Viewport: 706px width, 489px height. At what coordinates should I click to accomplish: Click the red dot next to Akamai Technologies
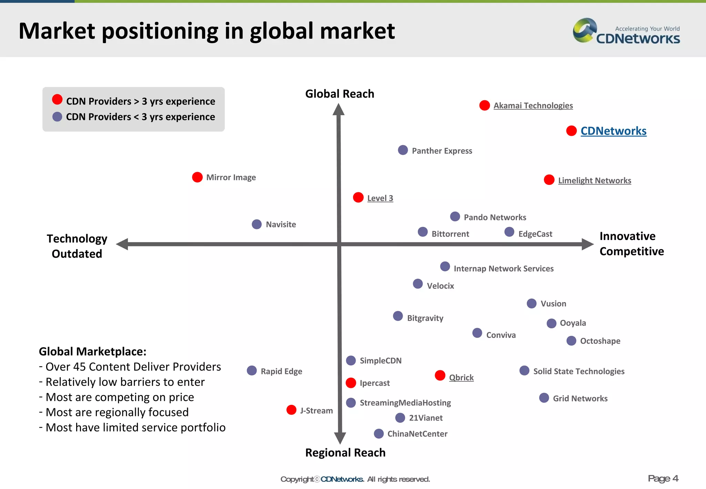(x=484, y=105)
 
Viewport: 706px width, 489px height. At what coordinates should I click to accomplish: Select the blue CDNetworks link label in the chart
(x=613, y=131)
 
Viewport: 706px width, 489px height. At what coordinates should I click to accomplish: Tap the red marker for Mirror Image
(x=197, y=177)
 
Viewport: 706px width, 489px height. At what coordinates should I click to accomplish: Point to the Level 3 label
(x=380, y=198)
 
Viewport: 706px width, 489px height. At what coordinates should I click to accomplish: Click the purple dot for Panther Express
(x=403, y=150)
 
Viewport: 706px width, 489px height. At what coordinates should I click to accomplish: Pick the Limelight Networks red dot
(x=549, y=180)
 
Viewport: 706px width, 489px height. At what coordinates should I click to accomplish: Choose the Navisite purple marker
(x=256, y=224)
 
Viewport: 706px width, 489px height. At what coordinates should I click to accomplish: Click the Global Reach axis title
(x=340, y=94)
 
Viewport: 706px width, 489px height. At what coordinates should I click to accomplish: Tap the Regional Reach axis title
(x=345, y=453)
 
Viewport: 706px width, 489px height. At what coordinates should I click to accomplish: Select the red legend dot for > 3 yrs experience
(x=57, y=100)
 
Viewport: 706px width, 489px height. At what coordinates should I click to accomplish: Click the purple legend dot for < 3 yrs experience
(x=57, y=117)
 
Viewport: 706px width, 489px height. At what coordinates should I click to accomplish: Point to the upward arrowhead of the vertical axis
(x=339, y=110)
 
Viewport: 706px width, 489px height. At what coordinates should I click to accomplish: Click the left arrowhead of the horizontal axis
(x=122, y=244)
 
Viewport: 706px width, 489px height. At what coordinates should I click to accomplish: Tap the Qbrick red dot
(x=440, y=375)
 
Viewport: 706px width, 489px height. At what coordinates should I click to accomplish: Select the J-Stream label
(x=316, y=411)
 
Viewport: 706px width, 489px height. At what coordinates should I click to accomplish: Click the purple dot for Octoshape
(x=571, y=341)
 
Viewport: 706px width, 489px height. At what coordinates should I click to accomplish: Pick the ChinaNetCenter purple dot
(x=379, y=433)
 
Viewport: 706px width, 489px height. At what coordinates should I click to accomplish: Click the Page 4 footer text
(x=663, y=479)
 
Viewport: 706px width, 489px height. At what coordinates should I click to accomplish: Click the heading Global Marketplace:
(x=92, y=351)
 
